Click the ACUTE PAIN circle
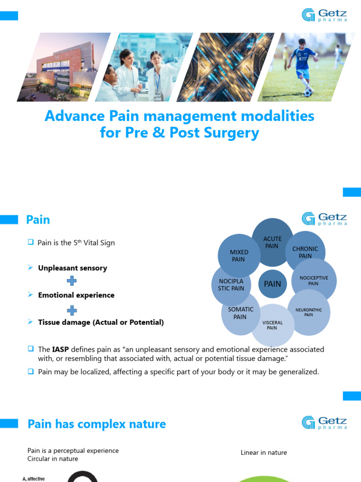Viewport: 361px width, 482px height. (x=272, y=240)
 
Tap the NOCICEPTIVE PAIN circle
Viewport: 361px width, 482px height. (x=314, y=281)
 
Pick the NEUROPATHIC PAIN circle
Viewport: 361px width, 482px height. (x=308, y=312)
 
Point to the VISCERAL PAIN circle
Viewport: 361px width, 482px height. (x=272, y=325)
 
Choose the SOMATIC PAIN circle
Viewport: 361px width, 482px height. (x=240, y=313)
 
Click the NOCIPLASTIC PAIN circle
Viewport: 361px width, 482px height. (x=231, y=285)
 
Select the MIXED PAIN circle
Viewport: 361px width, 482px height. (x=239, y=256)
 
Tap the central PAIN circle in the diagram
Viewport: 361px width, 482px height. (x=272, y=284)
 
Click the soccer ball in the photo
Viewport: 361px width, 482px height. (x=307, y=93)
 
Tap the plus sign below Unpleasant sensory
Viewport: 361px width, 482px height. (x=71, y=281)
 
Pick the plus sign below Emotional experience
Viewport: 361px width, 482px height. (x=71, y=310)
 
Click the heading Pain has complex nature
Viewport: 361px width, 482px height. (x=96, y=424)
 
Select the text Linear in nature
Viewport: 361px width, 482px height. (x=264, y=452)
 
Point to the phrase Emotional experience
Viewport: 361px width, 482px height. (x=76, y=295)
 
